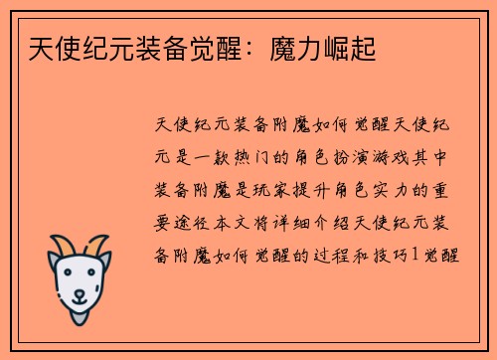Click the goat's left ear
coord(54,261)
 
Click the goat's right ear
coord(106,261)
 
